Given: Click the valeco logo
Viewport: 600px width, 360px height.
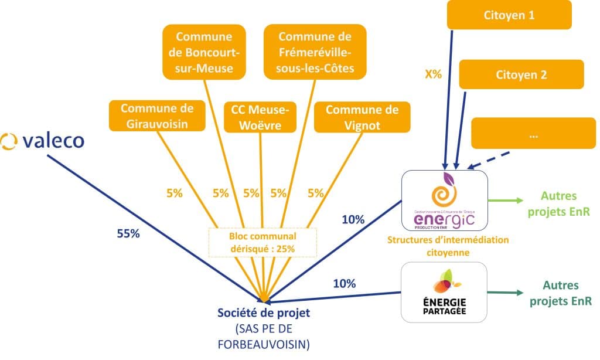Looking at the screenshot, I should tap(42, 141).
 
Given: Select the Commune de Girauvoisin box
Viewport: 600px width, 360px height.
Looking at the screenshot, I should tap(157, 116).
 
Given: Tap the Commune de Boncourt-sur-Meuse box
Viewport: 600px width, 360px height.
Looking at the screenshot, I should tap(204, 52).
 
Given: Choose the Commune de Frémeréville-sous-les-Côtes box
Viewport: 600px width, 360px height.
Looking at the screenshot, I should tap(315, 52).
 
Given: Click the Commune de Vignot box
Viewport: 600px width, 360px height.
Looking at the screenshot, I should tap(362, 117).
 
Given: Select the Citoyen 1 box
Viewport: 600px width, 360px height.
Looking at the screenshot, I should tap(509, 15).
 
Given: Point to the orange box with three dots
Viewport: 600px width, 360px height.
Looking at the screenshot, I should tap(533, 134).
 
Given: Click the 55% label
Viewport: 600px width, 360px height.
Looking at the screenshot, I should tap(127, 233).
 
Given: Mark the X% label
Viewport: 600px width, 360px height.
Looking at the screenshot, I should tap(434, 75).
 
